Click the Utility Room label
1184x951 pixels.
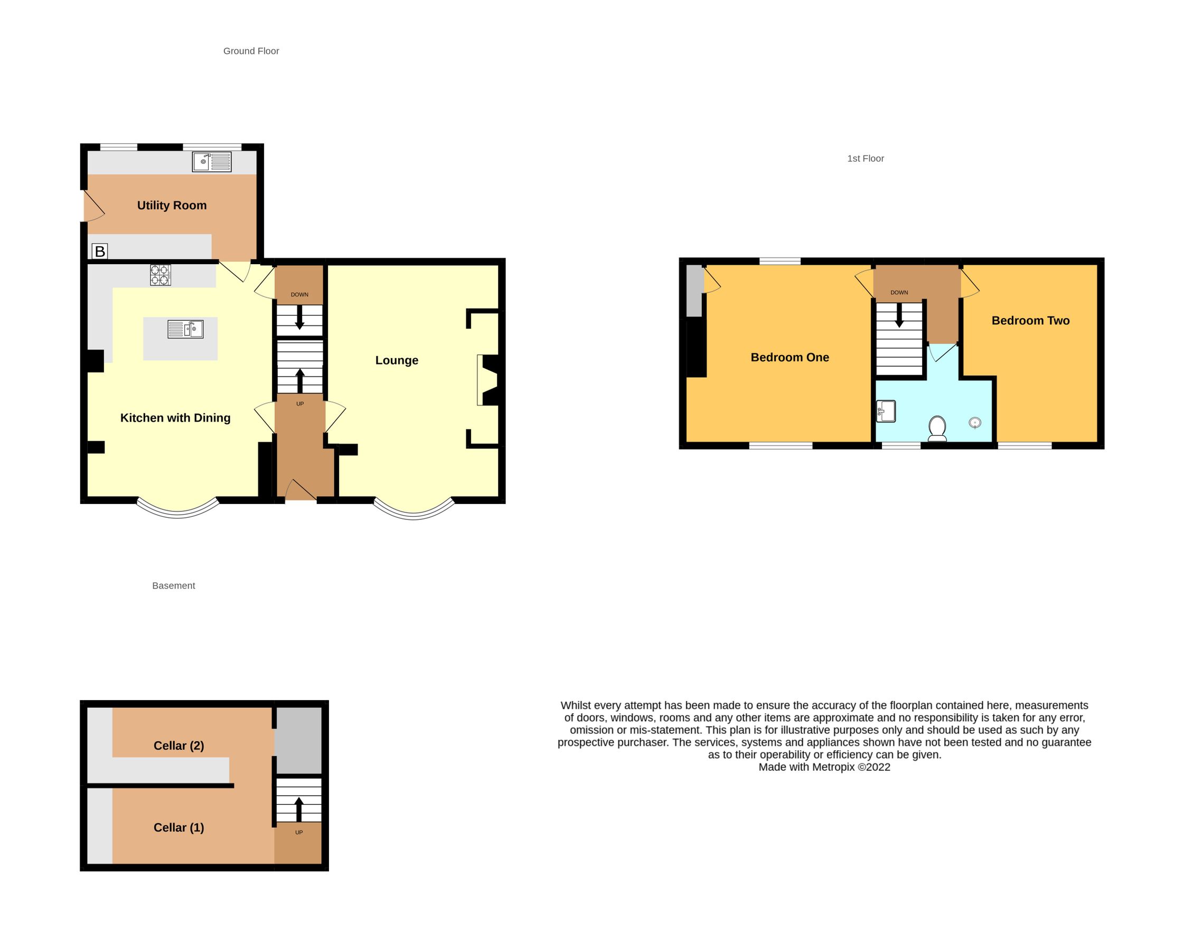click(x=172, y=206)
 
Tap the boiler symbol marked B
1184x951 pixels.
click(x=100, y=251)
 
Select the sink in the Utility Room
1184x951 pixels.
click(x=211, y=162)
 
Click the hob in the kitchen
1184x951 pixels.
click(x=161, y=275)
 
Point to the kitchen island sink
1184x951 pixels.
click(x=185, y=329)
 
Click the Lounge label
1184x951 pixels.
click(x=397, y=360)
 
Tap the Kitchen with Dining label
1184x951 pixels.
click(x=175, y=418)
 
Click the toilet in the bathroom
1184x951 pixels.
click(x=937, y=428)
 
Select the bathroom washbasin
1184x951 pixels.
click(x=886, y=411)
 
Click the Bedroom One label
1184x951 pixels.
click(x=790, y=358)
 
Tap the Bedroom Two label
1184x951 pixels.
click(x=1030, y=321)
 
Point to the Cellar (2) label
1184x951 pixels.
click(x=178, y=745)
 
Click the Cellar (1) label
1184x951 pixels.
click(x=178, y=827)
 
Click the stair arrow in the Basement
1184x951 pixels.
click(x=299, y=809)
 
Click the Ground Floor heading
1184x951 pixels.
click(x=251, y=51)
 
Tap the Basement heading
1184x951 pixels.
click(x=174, y=585)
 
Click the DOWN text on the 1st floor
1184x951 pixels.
click(x=899, y=293)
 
